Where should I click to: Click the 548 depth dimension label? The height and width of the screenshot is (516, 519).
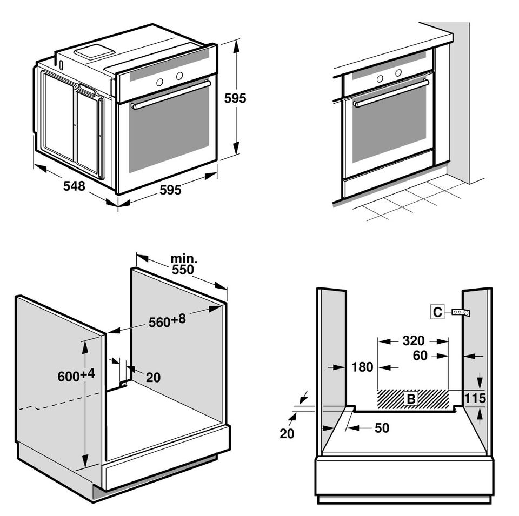(x=74, y=186)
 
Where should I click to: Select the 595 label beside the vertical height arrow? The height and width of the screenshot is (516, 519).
(x=235, y=98)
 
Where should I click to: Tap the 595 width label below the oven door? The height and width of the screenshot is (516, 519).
(x=170, y=190)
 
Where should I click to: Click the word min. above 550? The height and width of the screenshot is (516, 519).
(x=184, y=258)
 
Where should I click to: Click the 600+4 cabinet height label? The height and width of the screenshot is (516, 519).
(x=76, y=375)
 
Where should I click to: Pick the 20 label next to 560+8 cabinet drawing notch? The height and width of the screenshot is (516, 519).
(x=153, y=377)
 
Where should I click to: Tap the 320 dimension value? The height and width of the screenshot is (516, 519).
(x=413, y=341)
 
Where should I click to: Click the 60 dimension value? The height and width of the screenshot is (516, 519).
(x=420, y=356)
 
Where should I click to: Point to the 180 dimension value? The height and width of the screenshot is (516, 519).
(x=362, y=367)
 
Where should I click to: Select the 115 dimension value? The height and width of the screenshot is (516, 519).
(x=475, y=399)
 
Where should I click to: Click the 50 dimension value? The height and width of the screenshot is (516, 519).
(x=382, y=428)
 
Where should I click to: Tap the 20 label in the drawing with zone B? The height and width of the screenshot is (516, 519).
(x=287, y=433)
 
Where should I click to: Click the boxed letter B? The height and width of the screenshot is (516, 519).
(x=411, y=399)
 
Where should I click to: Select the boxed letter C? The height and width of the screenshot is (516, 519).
(x=437, y=312)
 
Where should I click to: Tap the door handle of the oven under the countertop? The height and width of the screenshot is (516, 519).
(x=391, y=93)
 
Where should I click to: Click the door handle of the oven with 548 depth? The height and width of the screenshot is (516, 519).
(x=171, y=94)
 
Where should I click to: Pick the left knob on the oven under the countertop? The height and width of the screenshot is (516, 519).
(x=380, y=78)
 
